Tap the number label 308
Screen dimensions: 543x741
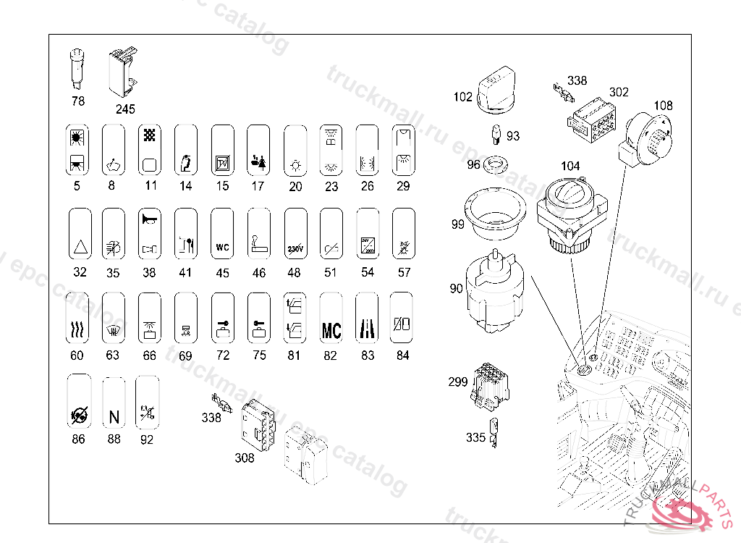[245, 458]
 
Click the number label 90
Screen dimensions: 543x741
[456, 289]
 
